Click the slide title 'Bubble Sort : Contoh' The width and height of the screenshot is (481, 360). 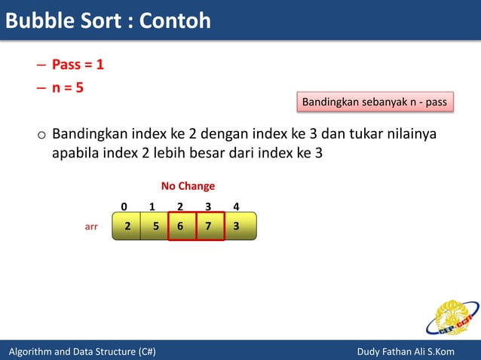(108, 20)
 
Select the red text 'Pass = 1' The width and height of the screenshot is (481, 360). (78, 65)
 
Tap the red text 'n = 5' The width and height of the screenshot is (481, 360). (67, 87)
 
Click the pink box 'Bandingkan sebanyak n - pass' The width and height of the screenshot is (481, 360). (375, 102)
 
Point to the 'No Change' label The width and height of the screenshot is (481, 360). (188, 186)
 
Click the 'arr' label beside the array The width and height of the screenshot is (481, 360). (90, 226)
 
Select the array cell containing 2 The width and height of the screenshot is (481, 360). (127, 226)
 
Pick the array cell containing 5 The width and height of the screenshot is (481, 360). (155, 226)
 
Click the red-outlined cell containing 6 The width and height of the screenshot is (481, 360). (181, 226)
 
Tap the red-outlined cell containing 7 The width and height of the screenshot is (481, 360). (210, 226)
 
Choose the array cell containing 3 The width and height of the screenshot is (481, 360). (237, 226)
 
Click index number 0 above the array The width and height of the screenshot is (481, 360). (124, 206)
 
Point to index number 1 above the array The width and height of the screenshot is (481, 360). (152, 206)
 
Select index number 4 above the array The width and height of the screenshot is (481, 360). (236, 206)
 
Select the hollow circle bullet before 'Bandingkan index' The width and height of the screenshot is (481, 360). (41, 137)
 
